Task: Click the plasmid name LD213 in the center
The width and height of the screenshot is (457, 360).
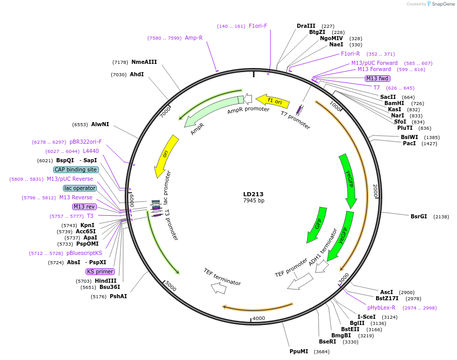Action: tap(253, 194)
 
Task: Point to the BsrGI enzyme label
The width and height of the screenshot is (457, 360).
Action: tap(418, 216)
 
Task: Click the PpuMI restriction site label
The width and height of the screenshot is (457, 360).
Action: tap(298, 351)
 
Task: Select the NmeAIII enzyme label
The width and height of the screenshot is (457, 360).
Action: tap(144, 62)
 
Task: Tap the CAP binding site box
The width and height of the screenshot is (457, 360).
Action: tap(75, 169)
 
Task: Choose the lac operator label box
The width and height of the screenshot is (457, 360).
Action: tap(80, 188)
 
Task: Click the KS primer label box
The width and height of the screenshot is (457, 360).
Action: tap(100, 271)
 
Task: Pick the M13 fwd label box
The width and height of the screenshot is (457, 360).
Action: tap(377, 78)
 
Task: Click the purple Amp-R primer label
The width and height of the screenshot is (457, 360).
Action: tap(194, 38)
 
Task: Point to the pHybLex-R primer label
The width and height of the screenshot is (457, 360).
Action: tap(381, 307)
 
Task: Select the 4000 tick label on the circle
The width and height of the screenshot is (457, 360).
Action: tap(259, 318)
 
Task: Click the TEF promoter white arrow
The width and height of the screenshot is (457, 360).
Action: tap(300, 281)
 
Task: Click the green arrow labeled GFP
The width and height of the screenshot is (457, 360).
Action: tap(316, 225)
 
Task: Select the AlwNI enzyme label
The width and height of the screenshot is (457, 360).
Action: tap(100, 124)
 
